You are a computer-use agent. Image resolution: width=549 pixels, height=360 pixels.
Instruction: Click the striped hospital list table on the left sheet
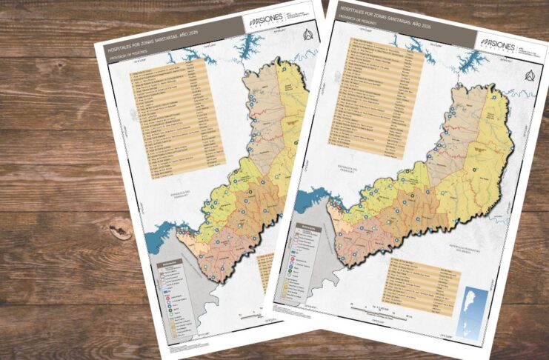(x=174, y=122)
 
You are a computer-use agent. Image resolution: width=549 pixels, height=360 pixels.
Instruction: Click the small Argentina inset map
(x=472, y=306)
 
